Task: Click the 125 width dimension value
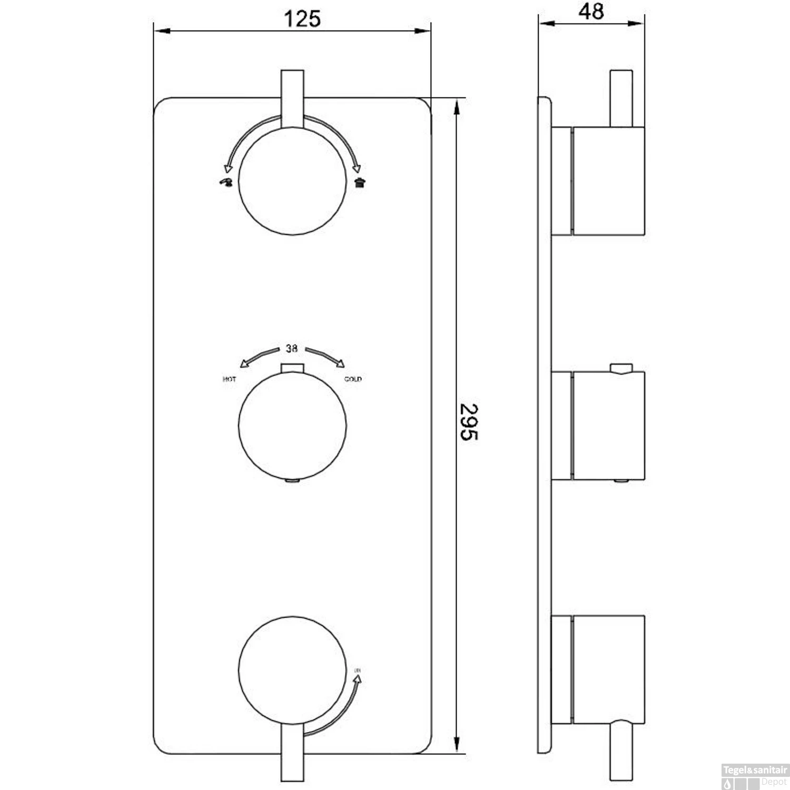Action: (302, 19)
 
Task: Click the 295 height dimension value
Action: (468, 422)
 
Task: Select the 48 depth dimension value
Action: (591, 12)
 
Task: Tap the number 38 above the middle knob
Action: (292, 349)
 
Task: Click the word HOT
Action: (230, 379)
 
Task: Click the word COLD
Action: (353, 379)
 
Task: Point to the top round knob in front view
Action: (292, 181)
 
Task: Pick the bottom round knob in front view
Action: (292, 669)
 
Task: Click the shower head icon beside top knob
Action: (360, 183)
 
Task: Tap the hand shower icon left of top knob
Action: (226, 183)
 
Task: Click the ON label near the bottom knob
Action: (358, 670)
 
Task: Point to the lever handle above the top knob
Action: (292, 97)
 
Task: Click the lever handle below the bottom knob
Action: (292, 758)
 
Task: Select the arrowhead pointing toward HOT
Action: (244, 363)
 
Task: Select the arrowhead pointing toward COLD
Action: (340, 363)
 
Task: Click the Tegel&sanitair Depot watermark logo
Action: (755, 776)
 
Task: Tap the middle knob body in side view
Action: (608, 425)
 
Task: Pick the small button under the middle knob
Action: (291, 480)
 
